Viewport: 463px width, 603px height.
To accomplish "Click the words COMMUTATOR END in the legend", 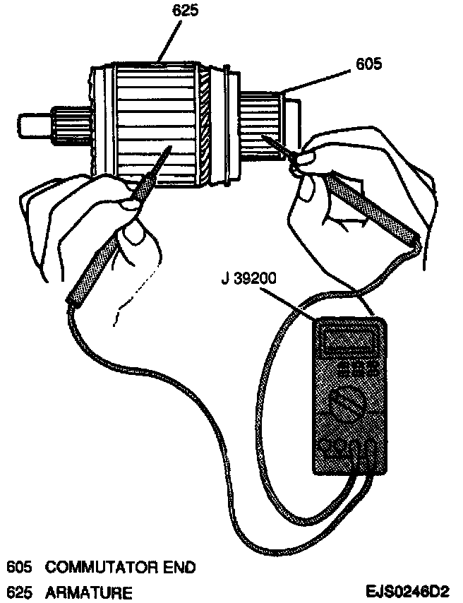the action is click(120, 567).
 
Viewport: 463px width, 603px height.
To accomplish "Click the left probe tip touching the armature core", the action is click(170, 149).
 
